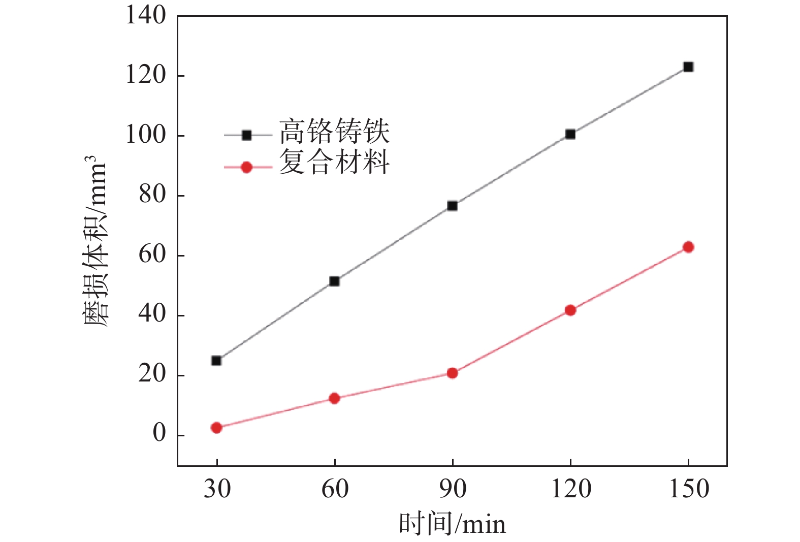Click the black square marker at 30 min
pyautogui.click(x=216, y=361)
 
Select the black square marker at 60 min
pyautogui.click(x=334, y=281)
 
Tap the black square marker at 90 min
pyautogui.click(x=452, y=206)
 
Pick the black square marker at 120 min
pyautogui.click(x=570, y=134)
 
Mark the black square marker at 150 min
pyautogui.click(x=688, y=67)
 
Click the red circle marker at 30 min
pyautogui.click(x=216, y=428)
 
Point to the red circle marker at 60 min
pyautogui.click(x=334, y=398)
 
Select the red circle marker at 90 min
pyautogui.click(x=452, y=373)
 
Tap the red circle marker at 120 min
pyautogui.click(x=570, y=310)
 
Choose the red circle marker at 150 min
pyautogui.click(x=688, y=247)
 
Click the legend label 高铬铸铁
pyautogui.click(x=334, y=132)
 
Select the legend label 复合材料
pyautogui.click(x=334, y=163)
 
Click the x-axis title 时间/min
pyautogui.click(x=452, y=524)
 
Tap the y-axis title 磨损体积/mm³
pyautogui.click(x=95, y=242)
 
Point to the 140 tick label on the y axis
pyautogui.click(x=146, y=16)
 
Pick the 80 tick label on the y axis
pyautogui.click(x=152, y=195)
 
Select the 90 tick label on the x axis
pyautogui.click(x=452, y=489)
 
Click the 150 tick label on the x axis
pyautogui.click(x=688, y=489)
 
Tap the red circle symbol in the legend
pyautogui.click(x=246, y=167)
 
